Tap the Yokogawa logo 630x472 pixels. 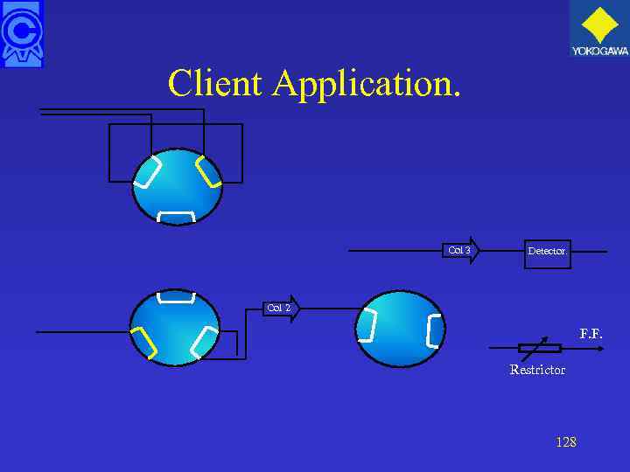pos(599,29)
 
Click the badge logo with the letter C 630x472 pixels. pos(22,33)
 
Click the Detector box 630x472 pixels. pos(547,251)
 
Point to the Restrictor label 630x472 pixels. pos(537,370)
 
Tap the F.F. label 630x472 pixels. pos(591,334)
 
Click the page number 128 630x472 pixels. pos(566,442)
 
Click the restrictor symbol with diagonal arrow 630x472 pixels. pos(539,347)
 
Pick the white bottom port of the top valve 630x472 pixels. pos(176,216)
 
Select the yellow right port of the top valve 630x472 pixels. pos(208,171)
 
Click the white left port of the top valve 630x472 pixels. pos(147,172)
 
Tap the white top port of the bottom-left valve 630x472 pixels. pos(175,298)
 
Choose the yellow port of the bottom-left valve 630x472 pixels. pos(143,343)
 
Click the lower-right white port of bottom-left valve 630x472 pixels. pos(204,342)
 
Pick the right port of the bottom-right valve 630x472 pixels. pos(434,330)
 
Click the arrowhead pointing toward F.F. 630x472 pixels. pos(600,348)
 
